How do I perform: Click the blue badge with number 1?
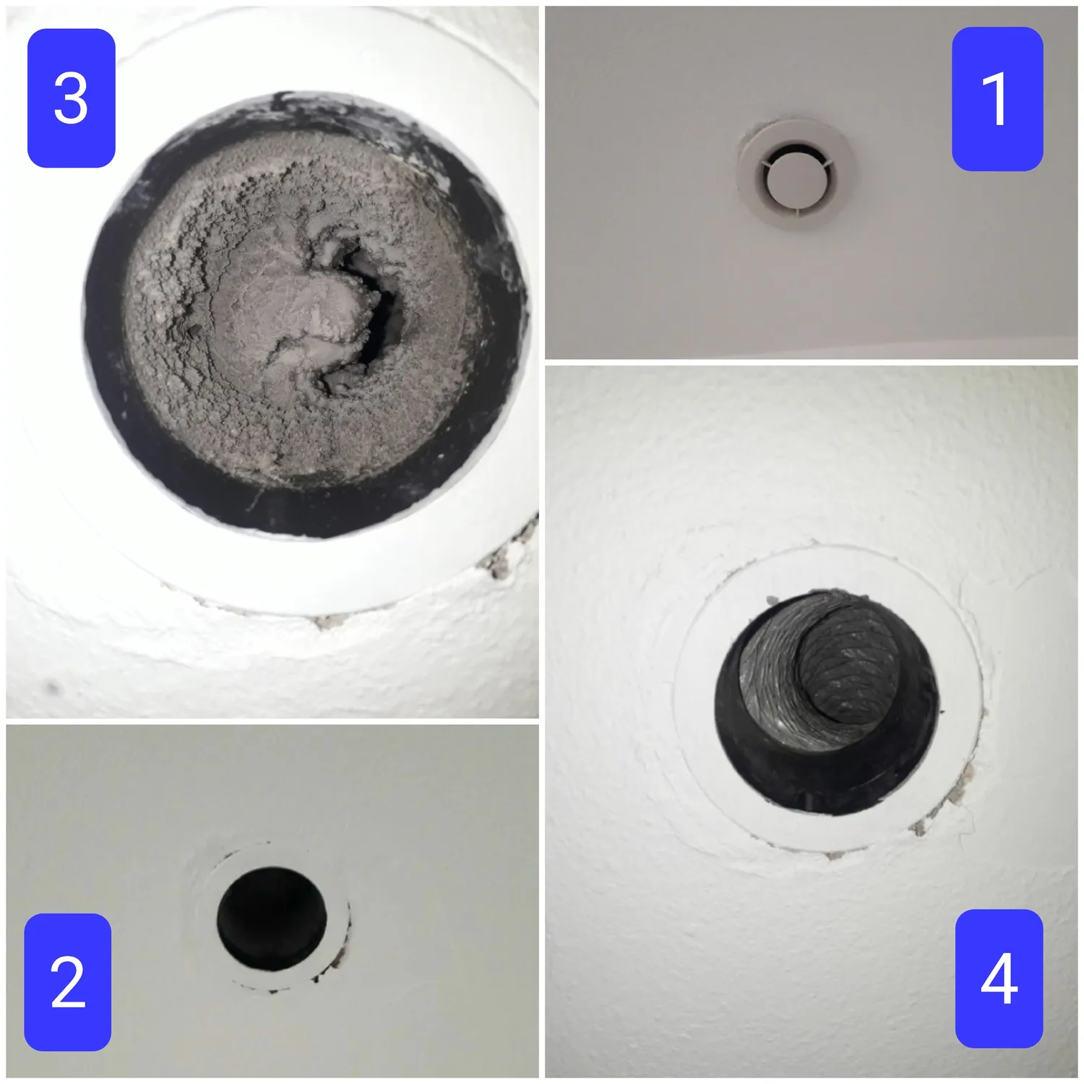click(x=997, y=99)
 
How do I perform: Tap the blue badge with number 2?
click(x=68, y=981)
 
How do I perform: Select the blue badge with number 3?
click(x=71, y=98)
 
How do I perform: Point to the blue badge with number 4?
click(x=999, y=978)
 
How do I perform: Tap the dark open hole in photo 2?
click(x=272, y=919)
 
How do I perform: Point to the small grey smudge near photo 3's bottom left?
click(x=51, y=687)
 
